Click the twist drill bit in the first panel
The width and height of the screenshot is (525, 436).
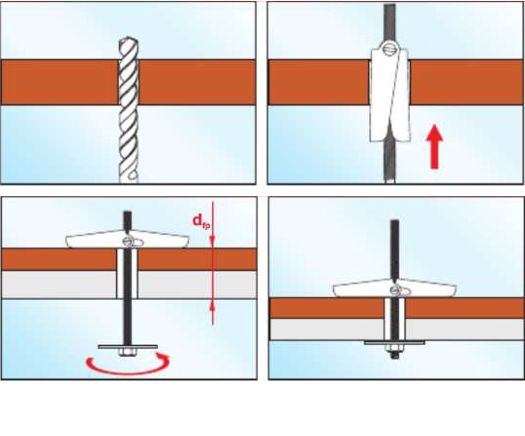(x=129, y=109)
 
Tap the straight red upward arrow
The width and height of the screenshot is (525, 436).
(x=435, y=146)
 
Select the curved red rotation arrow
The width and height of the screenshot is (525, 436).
(x=128, y=365)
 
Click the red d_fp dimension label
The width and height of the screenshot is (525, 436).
(x=201, y=220)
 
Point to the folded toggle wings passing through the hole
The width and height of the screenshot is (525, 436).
(x=390, y=95)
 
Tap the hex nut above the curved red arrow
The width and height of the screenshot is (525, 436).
(x=128, y=352)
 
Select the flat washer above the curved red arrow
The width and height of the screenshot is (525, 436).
(x=128, y=346)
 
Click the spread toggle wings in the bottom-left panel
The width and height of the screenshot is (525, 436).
(x=127, y=239)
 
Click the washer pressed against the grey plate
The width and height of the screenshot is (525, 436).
(x=394, y=342)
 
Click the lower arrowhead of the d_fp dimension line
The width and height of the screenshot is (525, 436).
(x=212, y=305)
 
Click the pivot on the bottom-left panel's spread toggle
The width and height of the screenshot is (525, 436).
(x=128, y=241)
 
